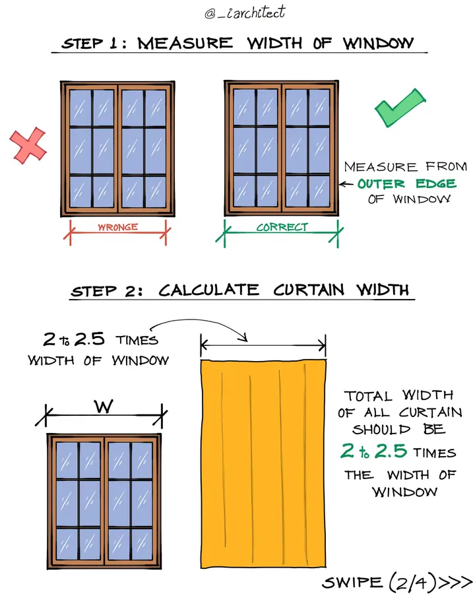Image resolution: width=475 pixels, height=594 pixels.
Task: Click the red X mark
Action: point(28,145)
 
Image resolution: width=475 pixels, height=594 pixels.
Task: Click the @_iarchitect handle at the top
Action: point(245,12)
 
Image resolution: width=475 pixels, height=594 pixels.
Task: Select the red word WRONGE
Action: point(118,227)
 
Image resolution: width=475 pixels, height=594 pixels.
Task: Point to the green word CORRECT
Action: point(282,227)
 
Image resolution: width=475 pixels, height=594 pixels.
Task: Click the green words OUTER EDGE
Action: point(406,183)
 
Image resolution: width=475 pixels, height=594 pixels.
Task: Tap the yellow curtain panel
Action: point(263,464)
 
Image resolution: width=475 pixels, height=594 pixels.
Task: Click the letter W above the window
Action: point(104,406)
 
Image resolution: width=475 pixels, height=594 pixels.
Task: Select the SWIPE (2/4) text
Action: point(379,582)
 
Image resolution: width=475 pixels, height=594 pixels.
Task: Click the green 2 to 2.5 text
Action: point(373,451)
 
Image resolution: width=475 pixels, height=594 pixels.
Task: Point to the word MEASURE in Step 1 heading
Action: point(185,43)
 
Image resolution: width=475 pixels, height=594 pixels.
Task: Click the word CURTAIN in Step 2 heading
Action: point(309,290)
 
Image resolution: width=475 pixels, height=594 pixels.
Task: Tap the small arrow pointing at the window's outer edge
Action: point(346,185)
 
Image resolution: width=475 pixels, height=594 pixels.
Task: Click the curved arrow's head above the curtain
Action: point(243,337)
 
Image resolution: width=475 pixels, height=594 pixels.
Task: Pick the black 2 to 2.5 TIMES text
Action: point(100,339)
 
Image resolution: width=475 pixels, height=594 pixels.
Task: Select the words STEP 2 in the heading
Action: point(107,291)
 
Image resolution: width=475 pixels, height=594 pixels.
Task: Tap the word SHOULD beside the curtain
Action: point(381,429)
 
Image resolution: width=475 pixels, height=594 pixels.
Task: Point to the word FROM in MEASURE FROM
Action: point(446,166)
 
